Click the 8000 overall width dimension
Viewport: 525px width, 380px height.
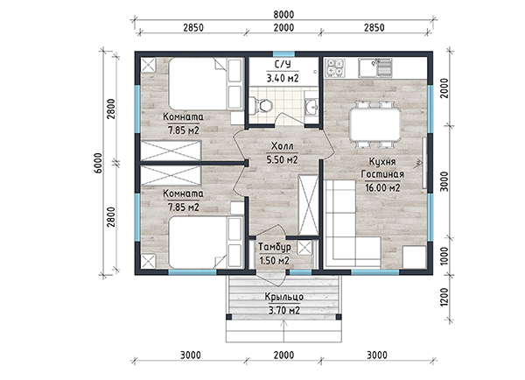click(x=283, y=14)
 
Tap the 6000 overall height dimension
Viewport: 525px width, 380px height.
click(x=98, y=163)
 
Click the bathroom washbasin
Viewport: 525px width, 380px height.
click(x=311, y=107)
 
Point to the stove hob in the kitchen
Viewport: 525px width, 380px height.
click(x=335, y=67)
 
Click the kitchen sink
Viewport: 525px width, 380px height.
click(x=375, y=67)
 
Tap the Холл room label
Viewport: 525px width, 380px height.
click(x=283, y=146)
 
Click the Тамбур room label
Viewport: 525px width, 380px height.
click(x=274, y=247)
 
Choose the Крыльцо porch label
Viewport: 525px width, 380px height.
click(x=283, y=297)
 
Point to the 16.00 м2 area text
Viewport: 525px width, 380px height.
click(x=382, y=188)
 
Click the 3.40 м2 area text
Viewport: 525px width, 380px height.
click(x=283, y=79)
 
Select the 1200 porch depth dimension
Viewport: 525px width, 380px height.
click(x=444, y=297)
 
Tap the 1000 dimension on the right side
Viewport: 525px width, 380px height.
click(x=444, y=257)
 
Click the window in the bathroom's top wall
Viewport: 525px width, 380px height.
click(x=283, y=54)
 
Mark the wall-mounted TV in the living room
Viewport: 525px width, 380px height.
click(x=423, y=163)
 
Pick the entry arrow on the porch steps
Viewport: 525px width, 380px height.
click(x=283, y=331)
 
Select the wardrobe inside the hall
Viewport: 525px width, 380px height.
click(x=308, y=205)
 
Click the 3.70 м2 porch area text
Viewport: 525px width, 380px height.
click(x=283, y=311)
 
